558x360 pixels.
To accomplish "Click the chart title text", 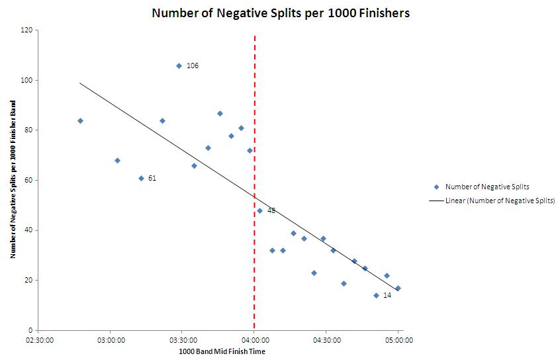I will click(x=281, y=13).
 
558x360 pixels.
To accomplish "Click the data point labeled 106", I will click(x=179, y=66).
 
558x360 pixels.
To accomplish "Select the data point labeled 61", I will click(x=141, y=178).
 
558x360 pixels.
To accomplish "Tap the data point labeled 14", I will click(x=376, y=295).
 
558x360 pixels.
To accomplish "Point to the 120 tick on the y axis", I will click(x=27, y=30).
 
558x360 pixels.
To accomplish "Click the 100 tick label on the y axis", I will click(x=27, y=80).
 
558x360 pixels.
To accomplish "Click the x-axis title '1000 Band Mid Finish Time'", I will click(x=222, y=351).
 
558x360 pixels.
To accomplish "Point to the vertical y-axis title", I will click(x=13, y=181).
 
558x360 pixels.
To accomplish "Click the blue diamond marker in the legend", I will click(x=436, y=187).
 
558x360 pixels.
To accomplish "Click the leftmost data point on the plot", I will click(x=80, y=120).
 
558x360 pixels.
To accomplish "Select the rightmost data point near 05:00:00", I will click(x=397, y=288).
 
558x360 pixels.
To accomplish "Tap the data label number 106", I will click(x=193, y=66).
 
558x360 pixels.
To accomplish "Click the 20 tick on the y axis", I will click(x=29, y=281).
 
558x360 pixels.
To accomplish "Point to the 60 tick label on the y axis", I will click(x=29, y=180).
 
